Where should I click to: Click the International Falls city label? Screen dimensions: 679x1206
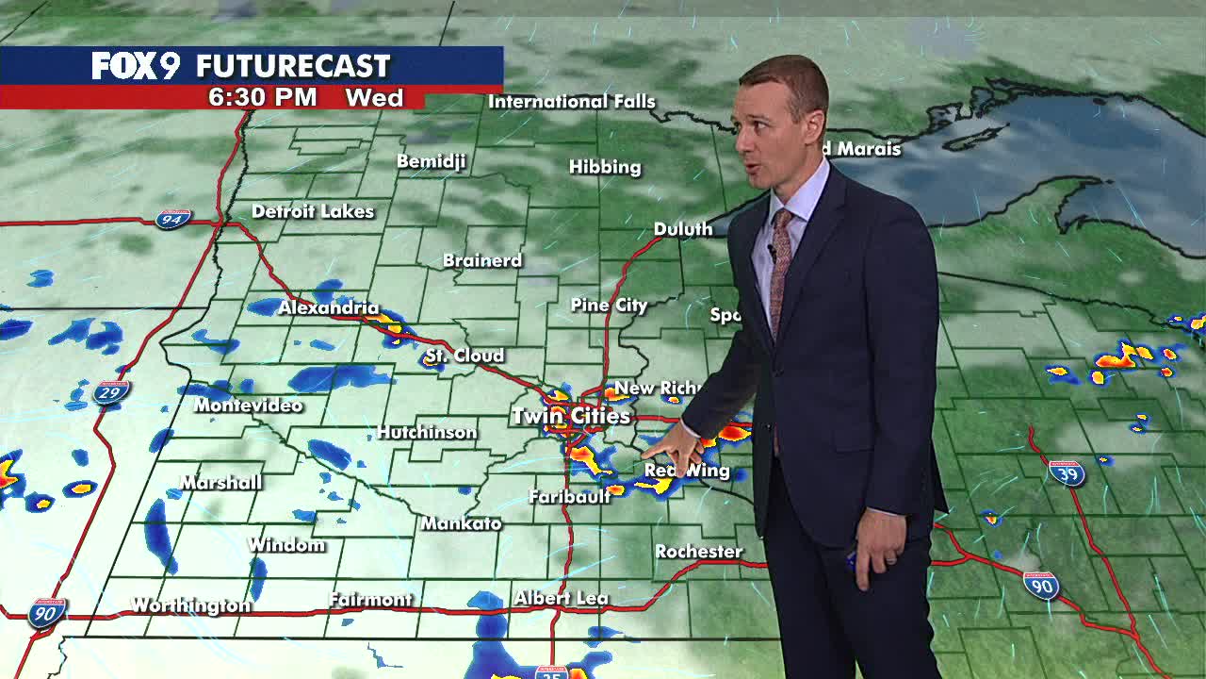point(571,102)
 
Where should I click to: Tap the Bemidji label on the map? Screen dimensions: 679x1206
point(431,161)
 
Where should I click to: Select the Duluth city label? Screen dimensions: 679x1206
point(682,229)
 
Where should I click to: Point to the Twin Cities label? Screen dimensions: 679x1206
point(571,416)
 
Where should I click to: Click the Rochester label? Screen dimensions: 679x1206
point(698,552)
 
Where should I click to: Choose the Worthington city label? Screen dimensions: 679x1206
point(191,605)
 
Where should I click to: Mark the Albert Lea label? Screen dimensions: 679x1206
point(561,598)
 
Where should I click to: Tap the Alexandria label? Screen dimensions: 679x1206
point(328,308)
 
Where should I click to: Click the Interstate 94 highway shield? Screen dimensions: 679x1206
point(173,219)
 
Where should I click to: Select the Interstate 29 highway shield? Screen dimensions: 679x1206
point(111,392)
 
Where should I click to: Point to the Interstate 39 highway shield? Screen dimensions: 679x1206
point(1066,472)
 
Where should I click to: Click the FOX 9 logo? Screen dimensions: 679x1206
point(135,66)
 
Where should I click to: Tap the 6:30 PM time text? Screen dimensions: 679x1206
point(262,98)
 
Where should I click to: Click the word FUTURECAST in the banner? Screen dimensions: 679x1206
point(292,66)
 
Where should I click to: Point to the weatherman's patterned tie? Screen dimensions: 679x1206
point(779,269)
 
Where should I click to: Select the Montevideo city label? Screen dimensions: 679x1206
point(248,406)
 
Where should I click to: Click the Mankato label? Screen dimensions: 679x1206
point(461,523)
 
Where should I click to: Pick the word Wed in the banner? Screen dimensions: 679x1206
point(374,98)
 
